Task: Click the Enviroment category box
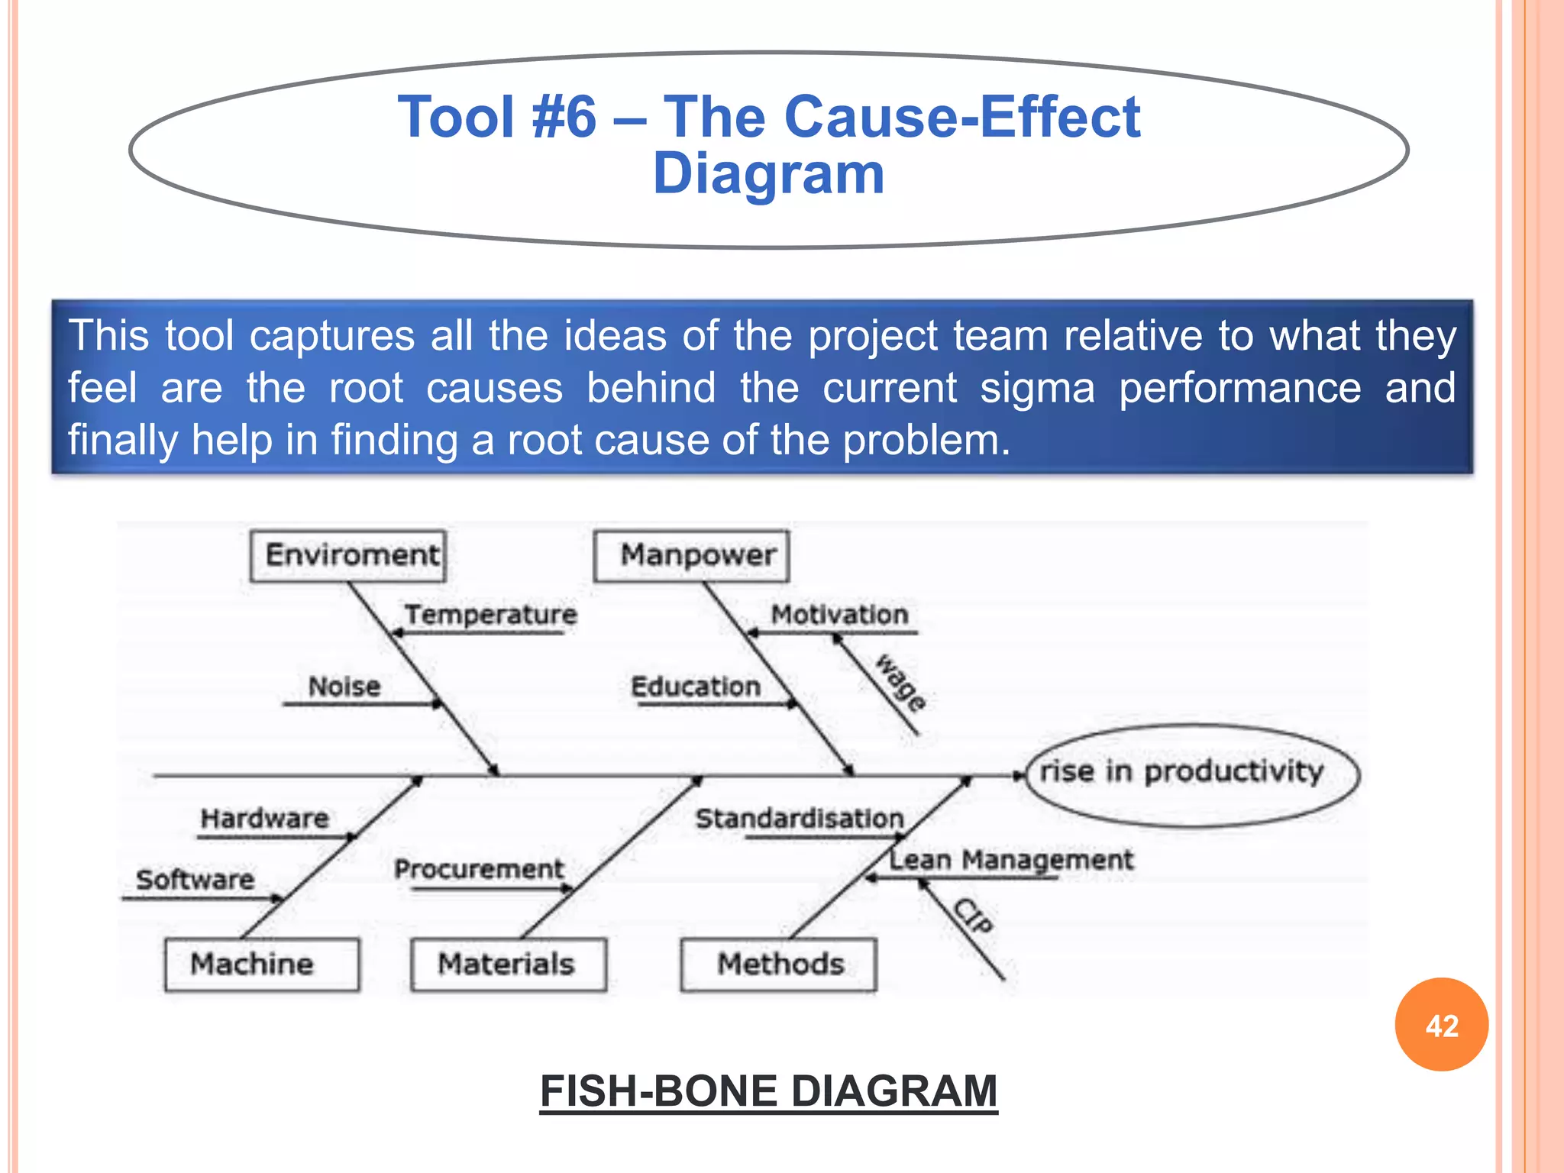(349, 555)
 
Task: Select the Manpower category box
(692, 555)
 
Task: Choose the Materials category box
(508, 965)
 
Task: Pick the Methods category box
(778, 965)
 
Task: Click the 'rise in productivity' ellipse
(1192, 774)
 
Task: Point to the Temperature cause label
(491, 615)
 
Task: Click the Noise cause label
(344, 687)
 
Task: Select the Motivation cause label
(839, 615)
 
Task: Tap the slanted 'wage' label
(901, 683)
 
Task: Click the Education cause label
(696, 687)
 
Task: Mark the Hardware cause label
(264, 819)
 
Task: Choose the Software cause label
(195, 880)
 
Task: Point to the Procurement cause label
(479, 869)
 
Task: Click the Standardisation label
(800, 819)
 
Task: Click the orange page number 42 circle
(1441, 1025)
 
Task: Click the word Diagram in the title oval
(768, 174)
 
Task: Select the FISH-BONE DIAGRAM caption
(768, 1091)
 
